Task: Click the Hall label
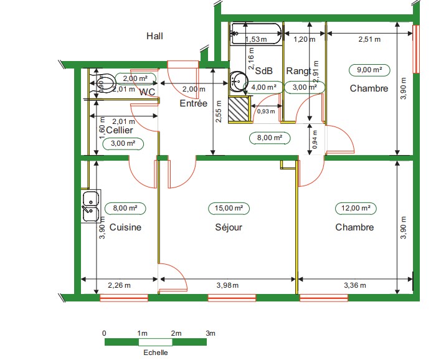pyautogui.click(x=154, y=36)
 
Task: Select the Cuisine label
pyautogui.click(x=125, y=227)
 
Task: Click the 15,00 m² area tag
pyautogui.click(x=225, y=208)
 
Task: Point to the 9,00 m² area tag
pyautogui.click(x=369, y=70)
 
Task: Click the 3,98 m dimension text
pyautogui.click(x=227, y=285)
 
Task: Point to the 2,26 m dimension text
pyautogui.click(x=120, y=285)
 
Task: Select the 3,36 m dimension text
pyautogui.click(x=356, y=285)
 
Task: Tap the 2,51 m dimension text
pyautogui.click(x=369, y=39)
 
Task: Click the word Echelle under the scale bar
pyautogui.click(x=156, y=352)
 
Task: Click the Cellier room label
pyautogui.click(x=120, y=130)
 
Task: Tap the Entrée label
pyautogui.click(x=193, y=104)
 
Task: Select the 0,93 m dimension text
pyautogui.click(x=266, y=111)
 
